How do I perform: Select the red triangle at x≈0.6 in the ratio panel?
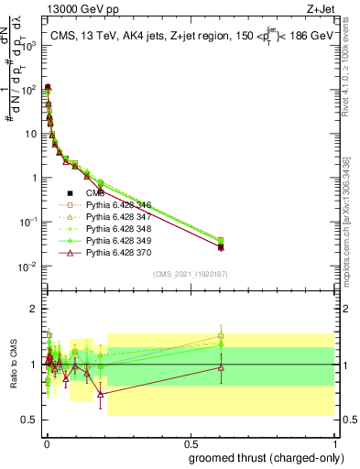coord(221,367)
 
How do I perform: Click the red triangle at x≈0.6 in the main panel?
coord(221,246)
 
